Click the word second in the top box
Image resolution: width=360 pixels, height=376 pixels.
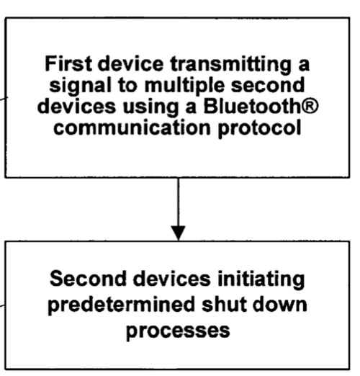(x=268, y=85)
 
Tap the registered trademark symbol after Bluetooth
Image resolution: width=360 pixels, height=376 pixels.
(x=312, y=106)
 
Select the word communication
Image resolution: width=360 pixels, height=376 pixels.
(x=132, y=127)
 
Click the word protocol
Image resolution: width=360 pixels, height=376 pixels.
(x=259, y=129)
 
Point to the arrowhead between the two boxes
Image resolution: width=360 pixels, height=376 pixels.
(x=178, y=233)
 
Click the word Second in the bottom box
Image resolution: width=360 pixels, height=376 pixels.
(x=88, y=278)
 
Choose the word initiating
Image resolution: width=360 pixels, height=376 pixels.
(x=261, y=279)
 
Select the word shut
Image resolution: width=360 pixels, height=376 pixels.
(x=224, y=304)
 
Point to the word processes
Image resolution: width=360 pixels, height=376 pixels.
(x=178, y=331)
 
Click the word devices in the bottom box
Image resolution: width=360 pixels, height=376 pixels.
(x=172, y=278)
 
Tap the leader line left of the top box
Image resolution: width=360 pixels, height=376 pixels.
(x=4, y=98)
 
